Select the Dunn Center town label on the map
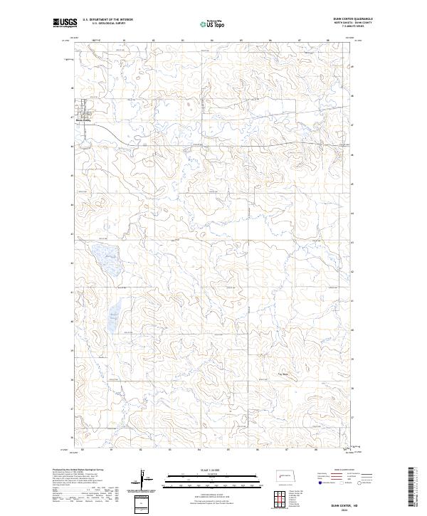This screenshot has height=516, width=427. pyautogui.click(x=84, y=120)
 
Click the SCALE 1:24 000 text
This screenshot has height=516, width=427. pyautogui.click(x=206, y=470)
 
